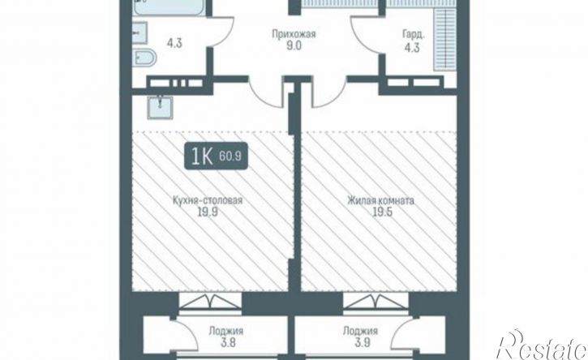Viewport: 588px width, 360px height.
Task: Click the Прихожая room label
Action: [294, 35]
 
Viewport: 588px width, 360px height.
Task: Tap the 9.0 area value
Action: [294, 46]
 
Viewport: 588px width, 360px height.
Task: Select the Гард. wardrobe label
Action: [414, 35]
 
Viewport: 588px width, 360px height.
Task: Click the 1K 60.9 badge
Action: [216, 156]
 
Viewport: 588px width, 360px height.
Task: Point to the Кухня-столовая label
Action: [208, 200]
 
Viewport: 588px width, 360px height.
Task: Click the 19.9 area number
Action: [208, 212]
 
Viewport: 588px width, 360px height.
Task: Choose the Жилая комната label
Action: [380, 200]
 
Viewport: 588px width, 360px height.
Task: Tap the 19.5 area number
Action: [382, 212]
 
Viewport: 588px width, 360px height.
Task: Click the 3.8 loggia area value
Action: [227, 343]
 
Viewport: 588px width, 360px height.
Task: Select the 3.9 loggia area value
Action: [362, 343]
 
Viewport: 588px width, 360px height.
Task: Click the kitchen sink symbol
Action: [160, 108]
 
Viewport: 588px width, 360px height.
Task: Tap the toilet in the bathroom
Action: [144, 58]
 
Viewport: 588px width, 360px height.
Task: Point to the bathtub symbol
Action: [170, 7]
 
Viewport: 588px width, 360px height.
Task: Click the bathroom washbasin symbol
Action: [139, 32]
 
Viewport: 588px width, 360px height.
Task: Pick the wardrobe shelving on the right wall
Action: [444, 40]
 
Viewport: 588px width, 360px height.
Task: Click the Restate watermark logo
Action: [542, 345]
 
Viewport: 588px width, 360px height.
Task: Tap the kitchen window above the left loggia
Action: [210, 302]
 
